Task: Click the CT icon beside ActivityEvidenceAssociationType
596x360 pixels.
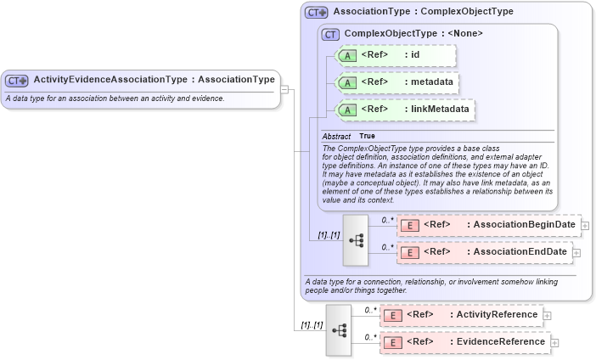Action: pyautogui.click(x=17, y=80)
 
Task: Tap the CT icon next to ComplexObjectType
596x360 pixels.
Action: pyautogui.click(x=330, y=34)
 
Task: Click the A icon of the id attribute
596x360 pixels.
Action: pyautogui.click(x=347, y=56)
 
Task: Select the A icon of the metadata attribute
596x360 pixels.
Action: pyautogui.click(x=347, y=82)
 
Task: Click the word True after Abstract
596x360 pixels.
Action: pyautogui.click(x=367, y=136)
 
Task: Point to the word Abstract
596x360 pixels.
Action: pyautogui.click(x=336, y=136)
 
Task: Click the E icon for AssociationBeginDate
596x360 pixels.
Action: pyautogui.click(x=409, y=225)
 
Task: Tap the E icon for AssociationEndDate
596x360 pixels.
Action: pyautogui.click(x=409, y=252)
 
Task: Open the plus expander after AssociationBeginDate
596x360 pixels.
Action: pyautogui.click(x=585, y=225)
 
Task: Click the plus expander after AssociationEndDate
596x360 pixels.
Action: pyautogui.click(x=576, y=252)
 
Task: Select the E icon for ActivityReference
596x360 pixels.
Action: pyautogui.click(x=392, y=315)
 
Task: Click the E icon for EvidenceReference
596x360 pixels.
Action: pyautogui.click(x=392, y=342)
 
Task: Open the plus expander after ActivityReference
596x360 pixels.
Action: pyautogui.click(x=547, y=315)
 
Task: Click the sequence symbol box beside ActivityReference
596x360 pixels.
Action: pyautogui.click(x=338, y=329)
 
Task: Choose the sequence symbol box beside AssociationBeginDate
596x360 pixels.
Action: pyautogui.click(x=355, y=239)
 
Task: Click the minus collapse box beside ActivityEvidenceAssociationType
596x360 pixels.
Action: pyautogui.click(x=285, y=87)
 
